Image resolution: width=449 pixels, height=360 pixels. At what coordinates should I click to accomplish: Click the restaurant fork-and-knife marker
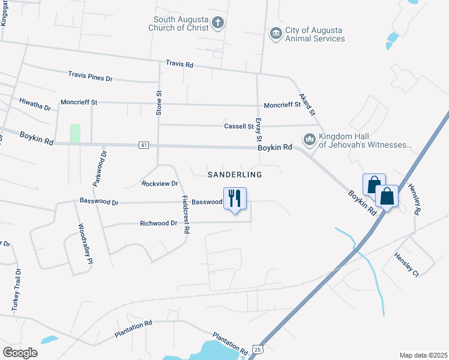(235, 198)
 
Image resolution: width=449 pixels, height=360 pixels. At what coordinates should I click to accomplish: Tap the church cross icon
(217, 23)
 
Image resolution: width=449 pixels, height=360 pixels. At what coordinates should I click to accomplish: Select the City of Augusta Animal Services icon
(276, 33)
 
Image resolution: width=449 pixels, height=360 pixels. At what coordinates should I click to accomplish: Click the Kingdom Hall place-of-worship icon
(310, 139)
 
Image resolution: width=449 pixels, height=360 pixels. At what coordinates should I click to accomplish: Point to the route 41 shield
(143, 145)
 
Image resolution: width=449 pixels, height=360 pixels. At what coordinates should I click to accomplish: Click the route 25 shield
(257, 349)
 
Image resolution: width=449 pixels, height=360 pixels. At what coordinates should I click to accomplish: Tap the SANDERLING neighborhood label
(235, 175)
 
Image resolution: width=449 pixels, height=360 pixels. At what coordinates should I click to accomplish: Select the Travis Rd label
(180, 64)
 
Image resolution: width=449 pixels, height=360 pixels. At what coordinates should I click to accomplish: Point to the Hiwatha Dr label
(35, 104)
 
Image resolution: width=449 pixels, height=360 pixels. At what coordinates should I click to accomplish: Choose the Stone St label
(160, 103)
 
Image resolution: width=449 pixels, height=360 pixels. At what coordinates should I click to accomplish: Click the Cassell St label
(239, 126)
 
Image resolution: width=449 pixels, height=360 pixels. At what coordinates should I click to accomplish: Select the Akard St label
(307, 104)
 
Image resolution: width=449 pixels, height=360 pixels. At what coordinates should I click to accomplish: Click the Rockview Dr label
(160, 183)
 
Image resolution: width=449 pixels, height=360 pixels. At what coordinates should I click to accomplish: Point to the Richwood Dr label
(158, 223)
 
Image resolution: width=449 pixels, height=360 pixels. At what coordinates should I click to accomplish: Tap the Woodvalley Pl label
(85, 244)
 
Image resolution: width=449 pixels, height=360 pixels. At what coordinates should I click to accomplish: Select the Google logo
(20, 353)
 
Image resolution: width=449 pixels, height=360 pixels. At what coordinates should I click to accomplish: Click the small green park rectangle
(75, 133)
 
